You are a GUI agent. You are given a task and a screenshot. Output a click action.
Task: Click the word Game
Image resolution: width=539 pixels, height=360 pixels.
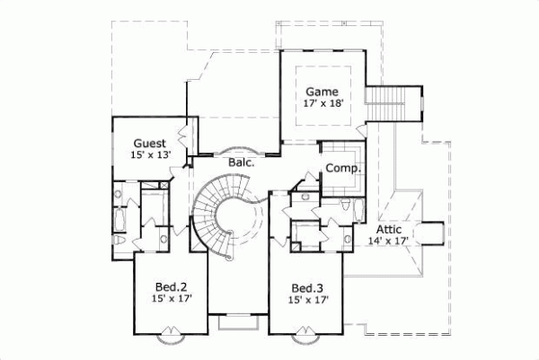(321, 92)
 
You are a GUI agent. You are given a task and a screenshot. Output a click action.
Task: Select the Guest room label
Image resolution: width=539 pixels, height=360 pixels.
(149, 144)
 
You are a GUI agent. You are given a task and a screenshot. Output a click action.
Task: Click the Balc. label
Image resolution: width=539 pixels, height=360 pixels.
(241, 162)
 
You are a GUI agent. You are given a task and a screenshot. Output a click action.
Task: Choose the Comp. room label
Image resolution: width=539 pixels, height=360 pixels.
(342, 168)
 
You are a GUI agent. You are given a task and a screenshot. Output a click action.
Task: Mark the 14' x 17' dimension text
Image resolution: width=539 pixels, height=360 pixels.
(388, 241)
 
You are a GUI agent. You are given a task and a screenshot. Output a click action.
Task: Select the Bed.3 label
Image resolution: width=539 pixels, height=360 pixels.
(306, 288)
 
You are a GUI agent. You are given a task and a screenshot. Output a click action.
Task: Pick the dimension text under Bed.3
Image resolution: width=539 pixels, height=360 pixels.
(306, 301)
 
